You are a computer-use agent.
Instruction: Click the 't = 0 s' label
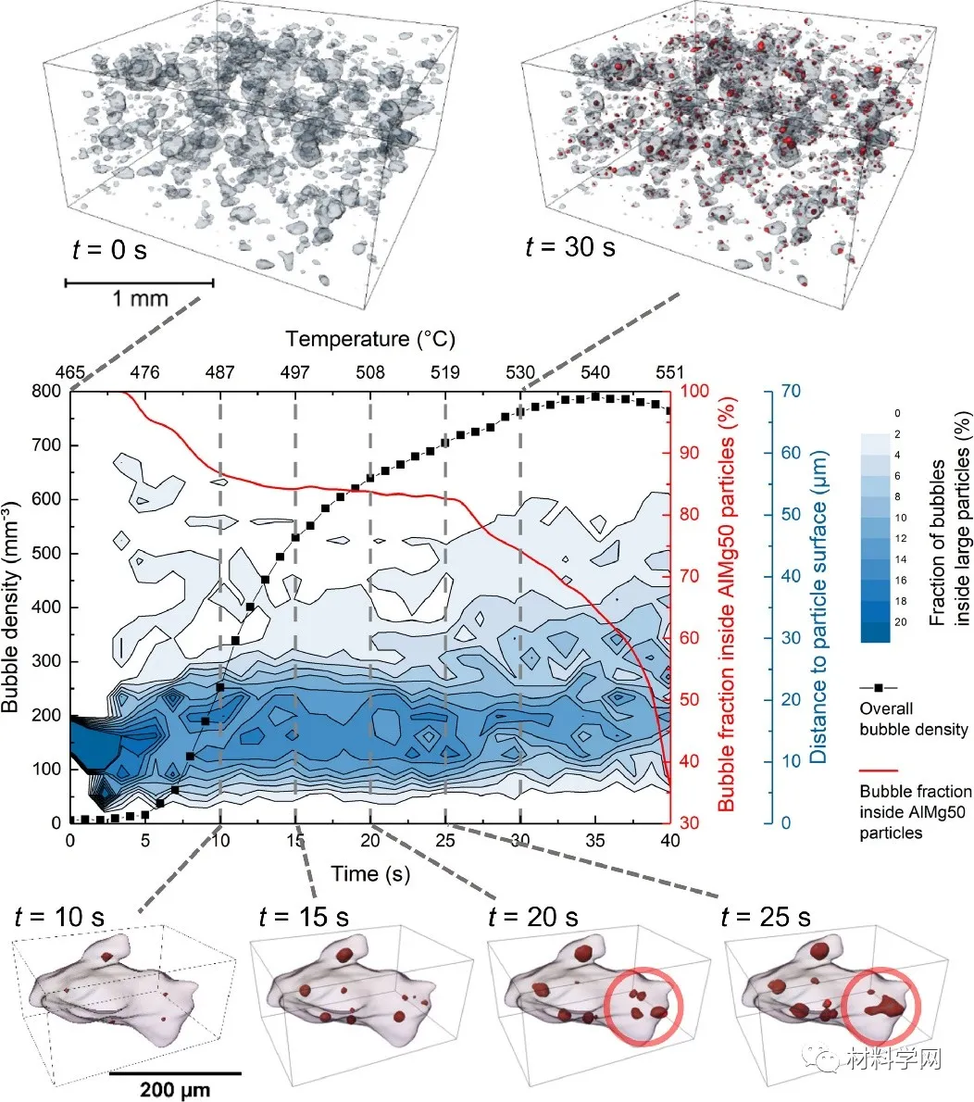109,250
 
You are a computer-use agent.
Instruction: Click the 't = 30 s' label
569,247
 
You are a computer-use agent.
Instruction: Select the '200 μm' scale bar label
175,1088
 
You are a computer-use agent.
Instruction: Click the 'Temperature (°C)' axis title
370,339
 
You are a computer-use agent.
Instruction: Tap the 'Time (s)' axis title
370,874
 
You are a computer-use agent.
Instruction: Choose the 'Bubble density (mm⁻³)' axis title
13,607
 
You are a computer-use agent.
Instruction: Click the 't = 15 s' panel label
305,917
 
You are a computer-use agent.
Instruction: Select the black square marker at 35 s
595,396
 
